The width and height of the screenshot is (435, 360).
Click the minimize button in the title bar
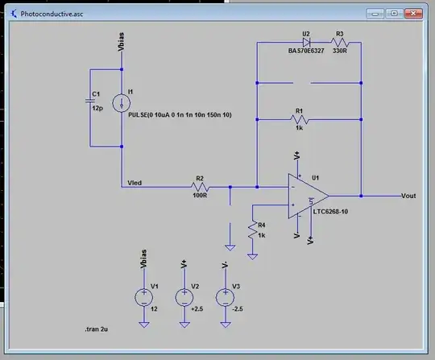tap(375, 14)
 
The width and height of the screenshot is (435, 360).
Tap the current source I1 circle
tap(121, 102)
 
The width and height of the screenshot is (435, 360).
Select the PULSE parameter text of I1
tap(180, 115)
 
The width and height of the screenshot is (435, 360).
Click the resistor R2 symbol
tap(200, 186)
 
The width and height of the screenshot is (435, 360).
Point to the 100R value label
tap(201, 195)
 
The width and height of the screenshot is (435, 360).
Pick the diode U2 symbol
tap(306, 43)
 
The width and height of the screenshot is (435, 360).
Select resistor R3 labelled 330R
tap(339, 43)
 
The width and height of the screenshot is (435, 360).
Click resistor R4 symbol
tap(253, 230)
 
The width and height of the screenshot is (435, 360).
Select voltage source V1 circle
tap(143, 298)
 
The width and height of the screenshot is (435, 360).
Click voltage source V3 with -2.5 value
tap(223, 298)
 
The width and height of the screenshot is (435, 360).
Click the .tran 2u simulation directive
tap(101, 330)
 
